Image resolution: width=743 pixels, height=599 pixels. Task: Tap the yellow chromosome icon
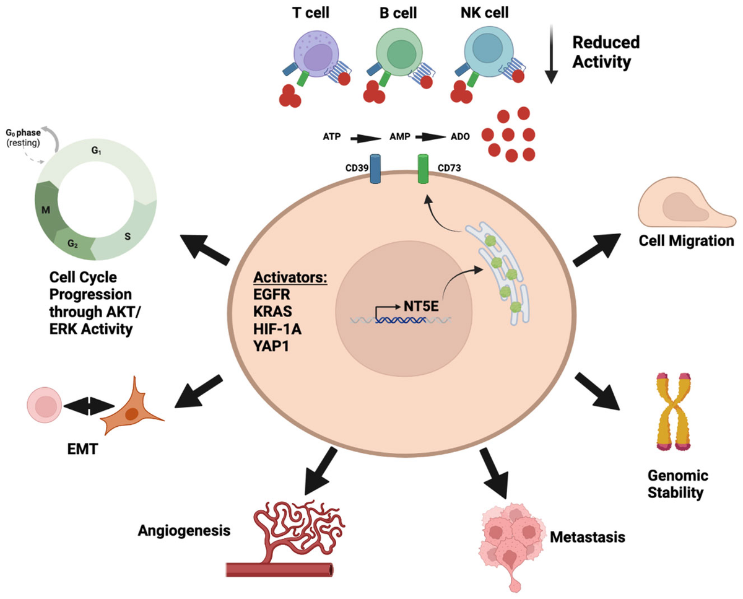(x=675, y=412)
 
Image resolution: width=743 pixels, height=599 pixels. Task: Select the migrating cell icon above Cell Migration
(x=685, y=208)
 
